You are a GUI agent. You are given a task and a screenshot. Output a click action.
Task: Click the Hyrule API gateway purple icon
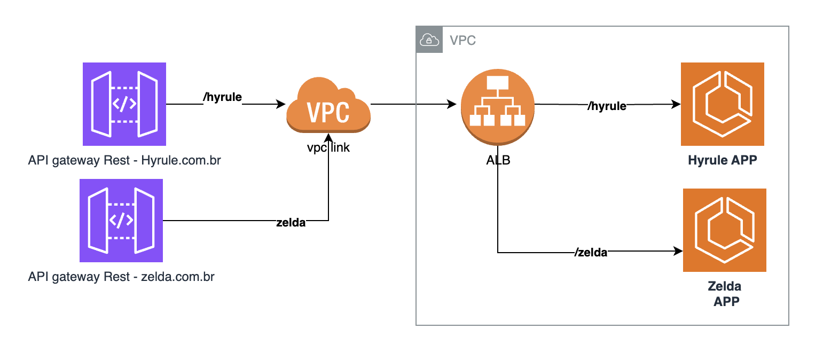point(124,104)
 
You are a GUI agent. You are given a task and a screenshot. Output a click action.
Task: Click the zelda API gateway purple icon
point(121,221)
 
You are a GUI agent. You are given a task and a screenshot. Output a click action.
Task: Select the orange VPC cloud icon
point(328,106)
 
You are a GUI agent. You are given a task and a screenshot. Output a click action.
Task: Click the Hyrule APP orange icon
point(722,104)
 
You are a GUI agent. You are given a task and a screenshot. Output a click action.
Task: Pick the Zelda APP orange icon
point(724,230)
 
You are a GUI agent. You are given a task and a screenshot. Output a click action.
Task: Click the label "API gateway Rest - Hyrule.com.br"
point(124,160)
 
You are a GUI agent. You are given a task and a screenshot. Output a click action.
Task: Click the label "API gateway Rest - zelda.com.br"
point(121,277)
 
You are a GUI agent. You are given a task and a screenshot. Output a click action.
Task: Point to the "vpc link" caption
point(328,147)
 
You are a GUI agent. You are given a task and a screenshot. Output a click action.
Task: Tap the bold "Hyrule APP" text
point(722,160)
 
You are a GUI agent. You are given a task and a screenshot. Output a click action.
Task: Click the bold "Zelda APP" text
point(724,293)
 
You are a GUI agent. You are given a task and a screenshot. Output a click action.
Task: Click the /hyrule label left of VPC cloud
point(223,97)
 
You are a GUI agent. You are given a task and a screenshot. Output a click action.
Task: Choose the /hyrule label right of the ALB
point(607,106)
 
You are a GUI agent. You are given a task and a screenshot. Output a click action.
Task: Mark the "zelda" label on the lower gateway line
point(291,223)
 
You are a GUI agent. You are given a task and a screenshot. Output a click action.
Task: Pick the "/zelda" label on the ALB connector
point(591,253)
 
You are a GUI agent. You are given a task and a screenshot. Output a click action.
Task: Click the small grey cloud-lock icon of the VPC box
point(429,40)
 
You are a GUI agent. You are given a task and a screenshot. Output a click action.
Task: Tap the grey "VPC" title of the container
point(462,41)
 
